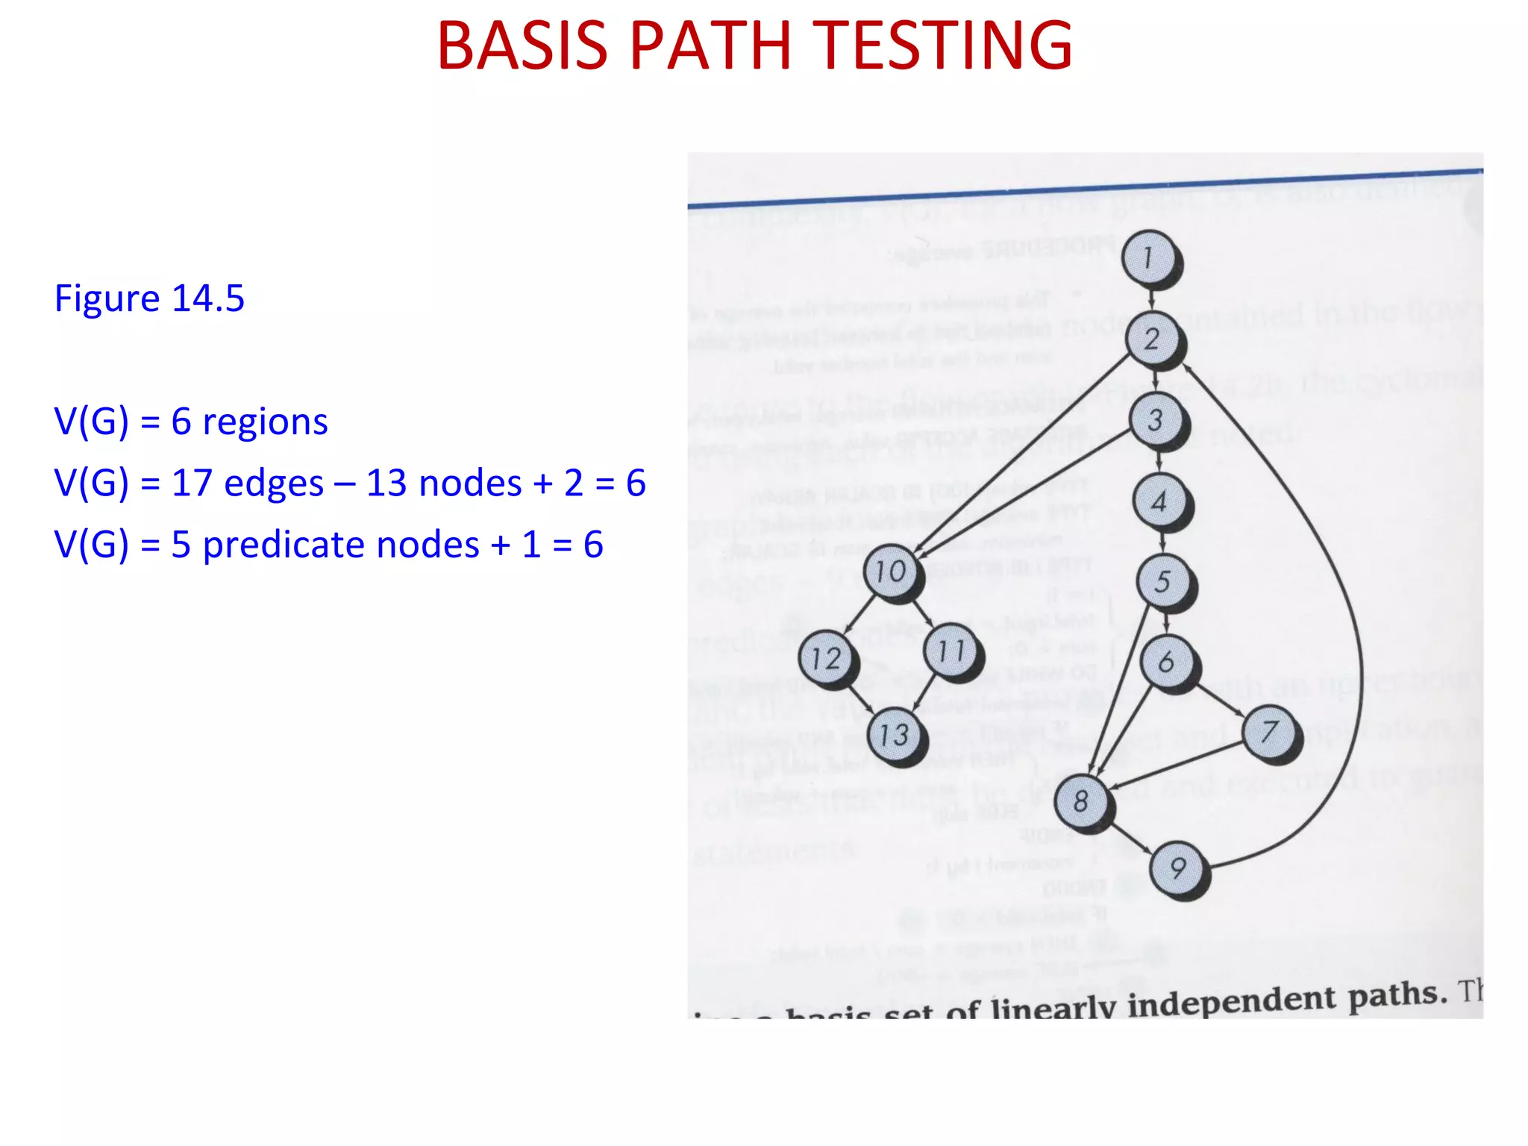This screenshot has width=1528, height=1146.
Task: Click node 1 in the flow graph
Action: tap(1149, 257)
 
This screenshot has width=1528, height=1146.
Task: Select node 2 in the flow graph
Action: tap(1153, 339)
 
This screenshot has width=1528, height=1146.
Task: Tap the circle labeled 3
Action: tap(1156, 420)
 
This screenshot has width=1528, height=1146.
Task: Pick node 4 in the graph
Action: tap(1159, 501)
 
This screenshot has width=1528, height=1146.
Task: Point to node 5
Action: tap(1163, 581)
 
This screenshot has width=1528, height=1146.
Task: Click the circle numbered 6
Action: tap(1167, 661)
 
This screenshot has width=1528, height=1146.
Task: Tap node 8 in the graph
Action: tap(1082, 801)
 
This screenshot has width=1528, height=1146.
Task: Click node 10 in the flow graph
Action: tap(891, 572)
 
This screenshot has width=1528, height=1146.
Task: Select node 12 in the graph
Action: tap(826, 658)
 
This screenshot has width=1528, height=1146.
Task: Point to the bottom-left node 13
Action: tap(895, 735)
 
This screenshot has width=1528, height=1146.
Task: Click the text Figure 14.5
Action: tap(149, 298)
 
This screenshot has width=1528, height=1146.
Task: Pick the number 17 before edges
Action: tap(192, 483)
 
